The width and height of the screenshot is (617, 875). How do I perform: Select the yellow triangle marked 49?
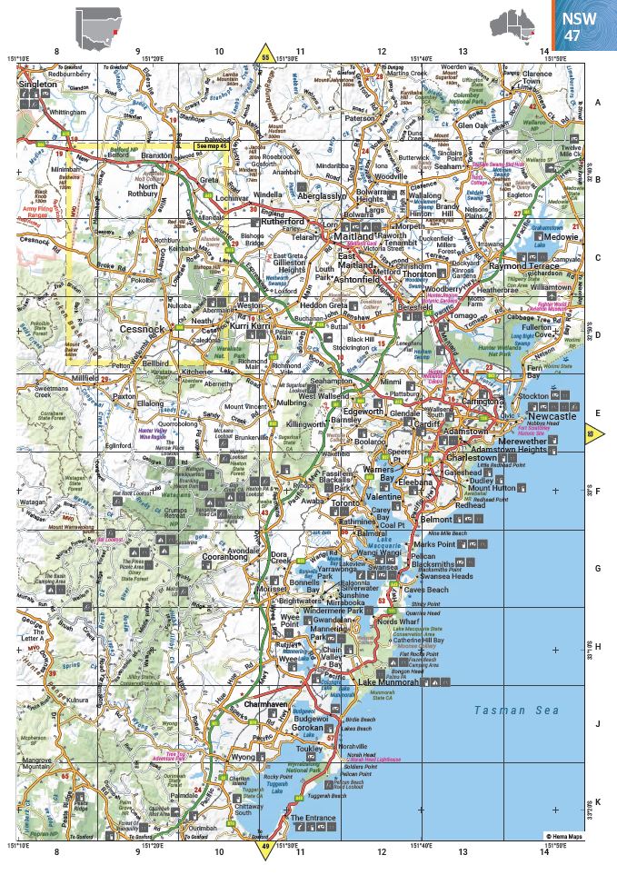coord(265,850)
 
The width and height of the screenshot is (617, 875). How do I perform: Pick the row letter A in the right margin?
coord(597,103)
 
